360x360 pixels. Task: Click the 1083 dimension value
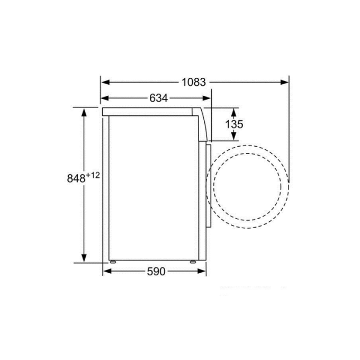(193, 82)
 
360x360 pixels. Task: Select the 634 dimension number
(158, 98)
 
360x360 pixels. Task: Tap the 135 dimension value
(234, 124)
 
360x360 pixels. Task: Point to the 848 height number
(76, 178)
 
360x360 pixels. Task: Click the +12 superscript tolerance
(93, 175)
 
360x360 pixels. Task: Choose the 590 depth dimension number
(156, 271)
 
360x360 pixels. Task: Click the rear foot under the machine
(113, 261)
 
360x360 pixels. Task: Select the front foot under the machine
(192, 261)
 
